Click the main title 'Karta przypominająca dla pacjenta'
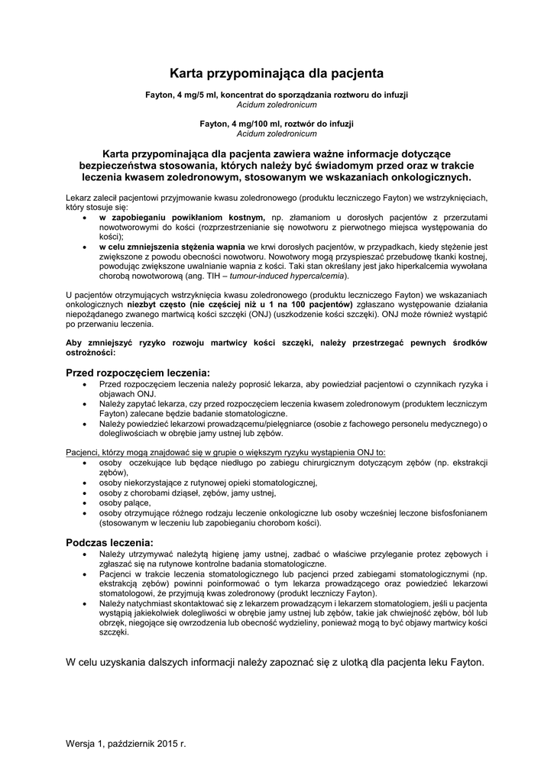tap(277, 74)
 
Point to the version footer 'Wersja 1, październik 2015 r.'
tap(126, 742)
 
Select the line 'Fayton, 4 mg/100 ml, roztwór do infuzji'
tap(277, 123)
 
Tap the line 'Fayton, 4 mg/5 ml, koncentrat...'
tap(277, 95)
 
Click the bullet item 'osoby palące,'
tap(125, 502)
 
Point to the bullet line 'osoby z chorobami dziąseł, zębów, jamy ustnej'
tap(187, 493)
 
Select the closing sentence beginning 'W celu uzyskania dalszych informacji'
tap(275, 661)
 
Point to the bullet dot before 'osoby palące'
tap(83, 502)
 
